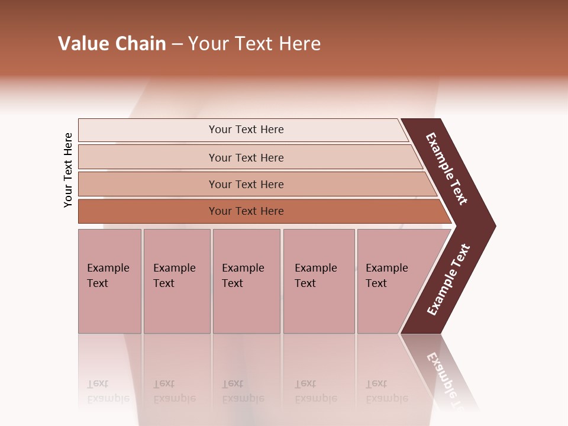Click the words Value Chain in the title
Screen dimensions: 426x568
(112, 44)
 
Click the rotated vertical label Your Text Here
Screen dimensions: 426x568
(68, 170)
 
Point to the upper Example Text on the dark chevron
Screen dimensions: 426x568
(447, 169)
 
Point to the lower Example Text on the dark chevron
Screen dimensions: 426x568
(448, 279)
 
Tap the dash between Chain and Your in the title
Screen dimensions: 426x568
(177, 44)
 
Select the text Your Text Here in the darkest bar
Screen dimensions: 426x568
(246, 211)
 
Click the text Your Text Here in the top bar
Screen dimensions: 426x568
(246, 130)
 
